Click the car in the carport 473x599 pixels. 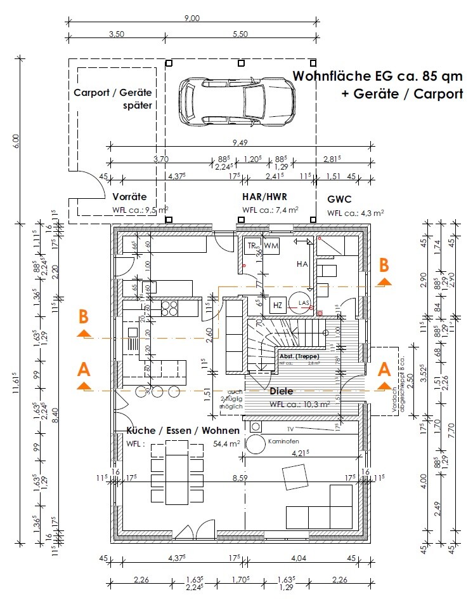236,100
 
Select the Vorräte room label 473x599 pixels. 129,197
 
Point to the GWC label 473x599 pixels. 339,199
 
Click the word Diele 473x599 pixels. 282,391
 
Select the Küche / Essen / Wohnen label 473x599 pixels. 177,431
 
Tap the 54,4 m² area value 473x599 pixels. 226,444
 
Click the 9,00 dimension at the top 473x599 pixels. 191,18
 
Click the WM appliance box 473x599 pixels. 271,245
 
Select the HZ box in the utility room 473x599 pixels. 277,306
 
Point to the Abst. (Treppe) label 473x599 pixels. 299,356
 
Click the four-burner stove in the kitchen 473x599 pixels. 169,308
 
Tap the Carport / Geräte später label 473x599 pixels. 113,98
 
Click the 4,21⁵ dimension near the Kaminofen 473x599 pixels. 299,454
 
